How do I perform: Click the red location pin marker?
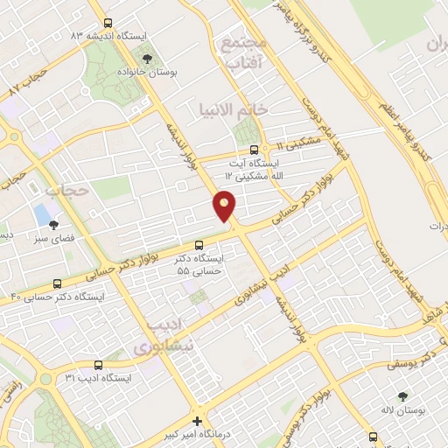(x=225, y=206)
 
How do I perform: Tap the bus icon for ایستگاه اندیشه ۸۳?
(x=107, y=24)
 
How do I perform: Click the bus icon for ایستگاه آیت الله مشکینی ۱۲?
(x=254, y=150)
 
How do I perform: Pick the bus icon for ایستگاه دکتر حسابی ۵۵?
(x=199, y=245)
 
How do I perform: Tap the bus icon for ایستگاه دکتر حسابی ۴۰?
(x=58, y=283)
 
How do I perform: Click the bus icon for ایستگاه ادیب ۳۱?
(x=97, y=366)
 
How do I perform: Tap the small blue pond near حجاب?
(x=41, y=213)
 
